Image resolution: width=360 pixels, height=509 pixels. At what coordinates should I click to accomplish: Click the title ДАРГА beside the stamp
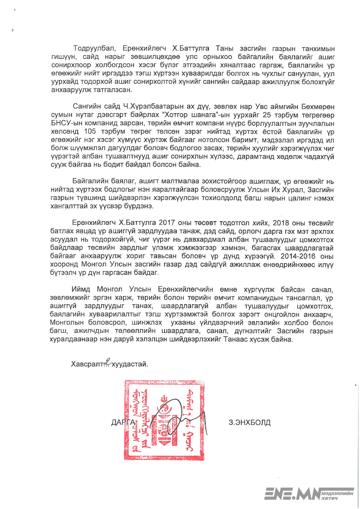(x=123, y=423)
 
